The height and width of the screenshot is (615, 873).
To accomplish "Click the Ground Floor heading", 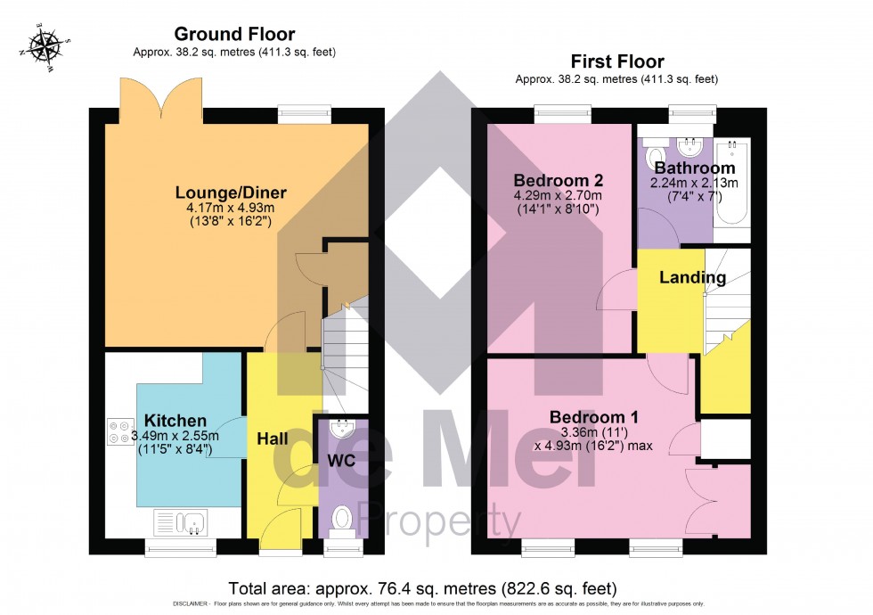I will [x=234, y=34].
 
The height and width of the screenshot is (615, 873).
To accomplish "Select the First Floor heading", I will [x=616, y=61].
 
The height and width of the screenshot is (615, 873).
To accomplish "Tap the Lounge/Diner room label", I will [x=231, y=193].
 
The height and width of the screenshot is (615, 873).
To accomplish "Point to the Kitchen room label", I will [x=175, y=421].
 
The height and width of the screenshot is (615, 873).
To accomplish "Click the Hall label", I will [x=273, y=439].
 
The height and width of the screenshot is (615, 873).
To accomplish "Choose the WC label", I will [x=342, y=461].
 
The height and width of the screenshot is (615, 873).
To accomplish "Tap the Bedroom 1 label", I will [x=593, y=417].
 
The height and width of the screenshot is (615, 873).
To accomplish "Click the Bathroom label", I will [x=695, y=168].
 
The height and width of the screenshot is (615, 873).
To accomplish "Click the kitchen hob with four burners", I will [x=118, y=432].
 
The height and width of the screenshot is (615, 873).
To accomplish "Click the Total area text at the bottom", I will [x=422, y=588].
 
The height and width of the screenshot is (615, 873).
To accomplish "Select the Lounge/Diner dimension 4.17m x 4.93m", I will [x=231, y=208].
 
